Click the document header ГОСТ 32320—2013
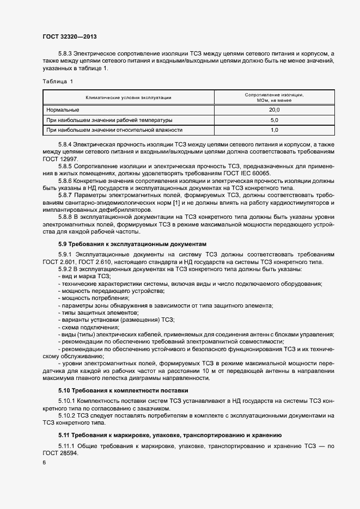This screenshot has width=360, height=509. [70, 37]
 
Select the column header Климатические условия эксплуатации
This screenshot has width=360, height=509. [129, 97]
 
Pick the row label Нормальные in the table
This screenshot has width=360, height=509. [63, 110]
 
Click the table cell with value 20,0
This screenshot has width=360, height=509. [274, 110]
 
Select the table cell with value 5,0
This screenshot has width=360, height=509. [274, 120]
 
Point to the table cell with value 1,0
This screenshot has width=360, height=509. [274, 130]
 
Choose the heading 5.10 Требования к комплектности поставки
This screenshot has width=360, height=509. [123, 390]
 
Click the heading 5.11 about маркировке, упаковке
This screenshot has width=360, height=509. [169, 435]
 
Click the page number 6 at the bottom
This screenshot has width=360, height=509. [44, 463]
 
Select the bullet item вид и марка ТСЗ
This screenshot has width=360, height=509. [84, 277]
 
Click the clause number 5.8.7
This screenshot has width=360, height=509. [65, 195]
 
